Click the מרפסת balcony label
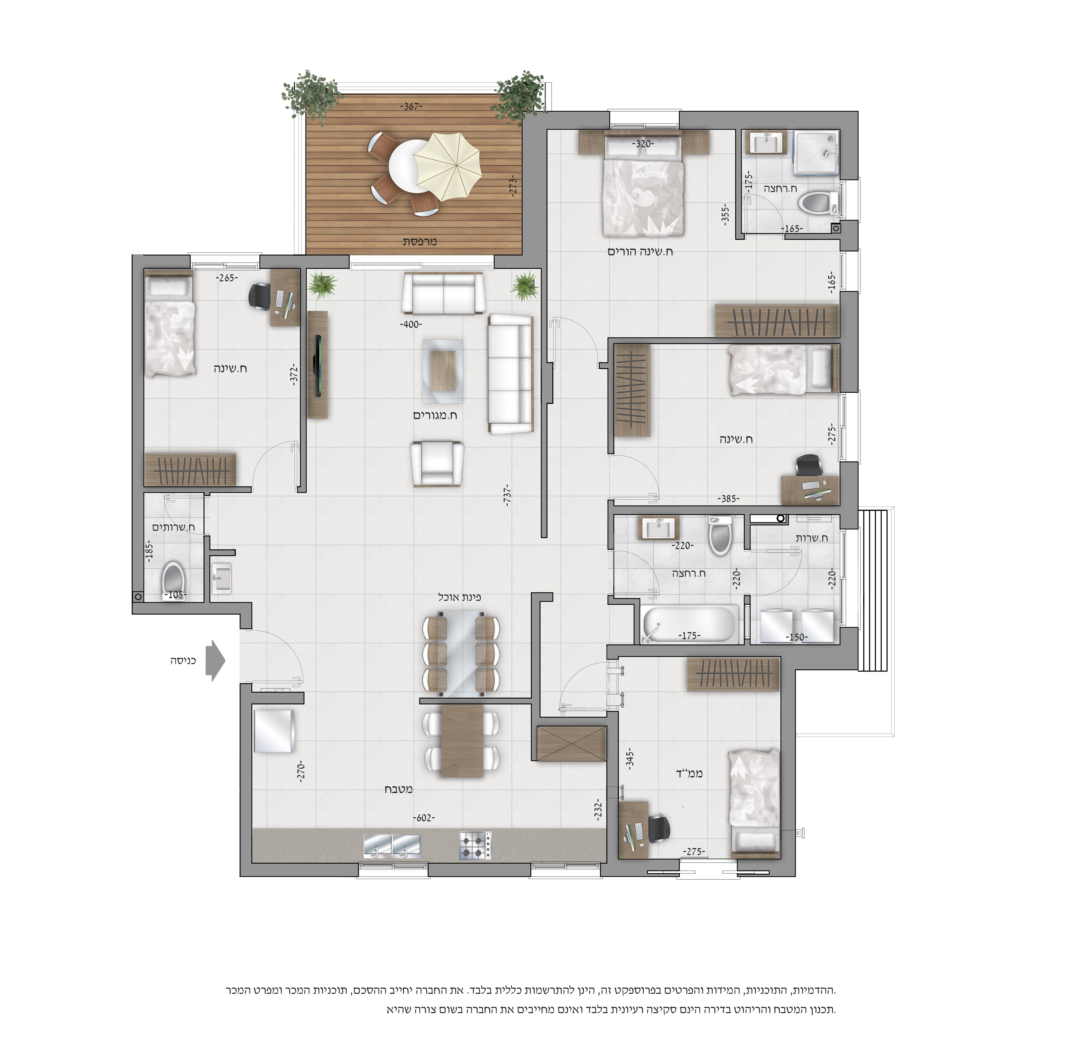click(x=420, y=241)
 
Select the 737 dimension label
click(x=508, y=494)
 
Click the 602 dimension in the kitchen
click(x=424, y=817)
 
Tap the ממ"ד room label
click(x=689, y=774)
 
